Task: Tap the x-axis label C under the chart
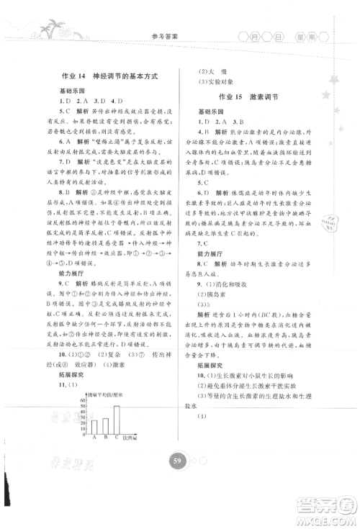[x=116, y=436]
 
